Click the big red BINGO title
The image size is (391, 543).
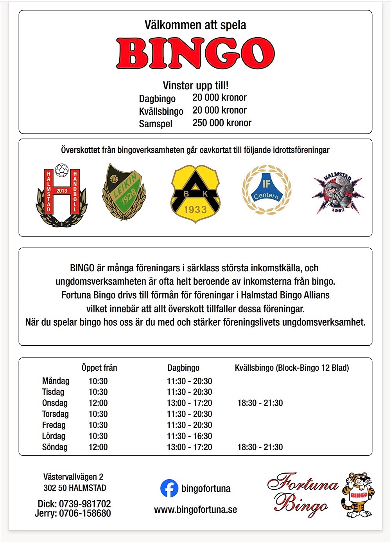point(195,54)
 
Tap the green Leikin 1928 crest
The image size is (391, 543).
point(124,192)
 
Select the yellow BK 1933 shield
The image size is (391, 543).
point(195,194)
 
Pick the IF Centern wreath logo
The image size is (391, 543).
point(266,190)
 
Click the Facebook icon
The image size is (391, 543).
point(169,489)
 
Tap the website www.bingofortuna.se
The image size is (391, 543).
point(195,509)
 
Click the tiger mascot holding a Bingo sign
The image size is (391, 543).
point(357,495)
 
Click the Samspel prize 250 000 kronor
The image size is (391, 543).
point(222,123)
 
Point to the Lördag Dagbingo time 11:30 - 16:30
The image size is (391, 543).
point(189,436)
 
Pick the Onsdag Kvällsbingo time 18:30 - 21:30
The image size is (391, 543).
point(260,403)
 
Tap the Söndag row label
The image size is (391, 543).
point(55,447)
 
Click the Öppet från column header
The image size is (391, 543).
point(99,368)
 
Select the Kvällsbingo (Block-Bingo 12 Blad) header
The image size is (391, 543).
point(292,368)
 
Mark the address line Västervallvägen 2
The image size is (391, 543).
point(74,477)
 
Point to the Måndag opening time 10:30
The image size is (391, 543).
point(98,381)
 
